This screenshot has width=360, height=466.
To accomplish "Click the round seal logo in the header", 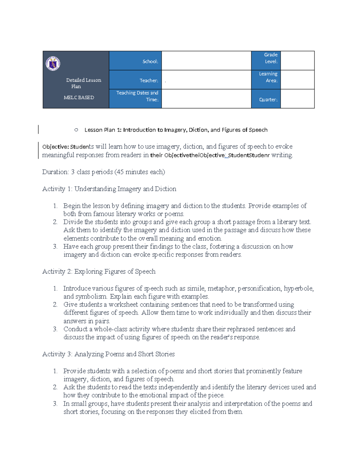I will (x=53, y=64).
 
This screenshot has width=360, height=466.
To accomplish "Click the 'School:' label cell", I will (x=135, y=61).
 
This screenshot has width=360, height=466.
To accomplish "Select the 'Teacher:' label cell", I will (x=135, y=80).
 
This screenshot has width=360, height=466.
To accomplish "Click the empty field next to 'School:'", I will (x=206, y=61).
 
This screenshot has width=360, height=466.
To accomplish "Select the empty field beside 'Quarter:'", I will (x=297, y=99).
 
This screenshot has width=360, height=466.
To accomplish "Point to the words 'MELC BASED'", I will (x=79, y=98).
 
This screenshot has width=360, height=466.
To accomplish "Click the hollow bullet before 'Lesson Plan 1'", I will (x=76, y=130).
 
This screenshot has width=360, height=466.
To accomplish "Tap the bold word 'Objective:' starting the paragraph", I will (x=55, y=147).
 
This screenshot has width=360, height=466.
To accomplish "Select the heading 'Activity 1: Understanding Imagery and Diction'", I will (x=109, y=189).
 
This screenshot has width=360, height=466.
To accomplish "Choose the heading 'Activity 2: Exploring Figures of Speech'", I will (x=99, y=272).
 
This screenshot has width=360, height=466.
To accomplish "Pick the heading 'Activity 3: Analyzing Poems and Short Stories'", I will (x=108, y=354).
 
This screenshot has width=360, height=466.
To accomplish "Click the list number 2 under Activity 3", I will (x=55, y=387).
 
